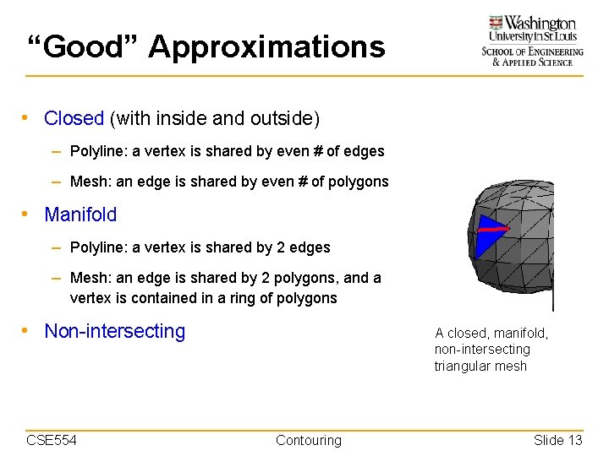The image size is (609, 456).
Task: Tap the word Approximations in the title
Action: (x=266, y=46)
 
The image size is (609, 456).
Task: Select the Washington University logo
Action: (x=532, y=41)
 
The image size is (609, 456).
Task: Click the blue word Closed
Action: (x=74, y=119)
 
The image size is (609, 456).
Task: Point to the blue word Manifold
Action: (x=80, y=214)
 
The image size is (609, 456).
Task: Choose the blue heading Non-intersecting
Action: (x=114, y=331)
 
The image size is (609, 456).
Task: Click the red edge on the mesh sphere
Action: (x=494, y=228)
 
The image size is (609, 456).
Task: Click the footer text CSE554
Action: (x=52, y=440)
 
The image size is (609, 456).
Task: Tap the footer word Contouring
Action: (x=309, y=440)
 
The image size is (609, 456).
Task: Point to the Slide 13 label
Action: (x=557, y=440)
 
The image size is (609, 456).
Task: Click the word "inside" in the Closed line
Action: (x=187, y=119)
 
